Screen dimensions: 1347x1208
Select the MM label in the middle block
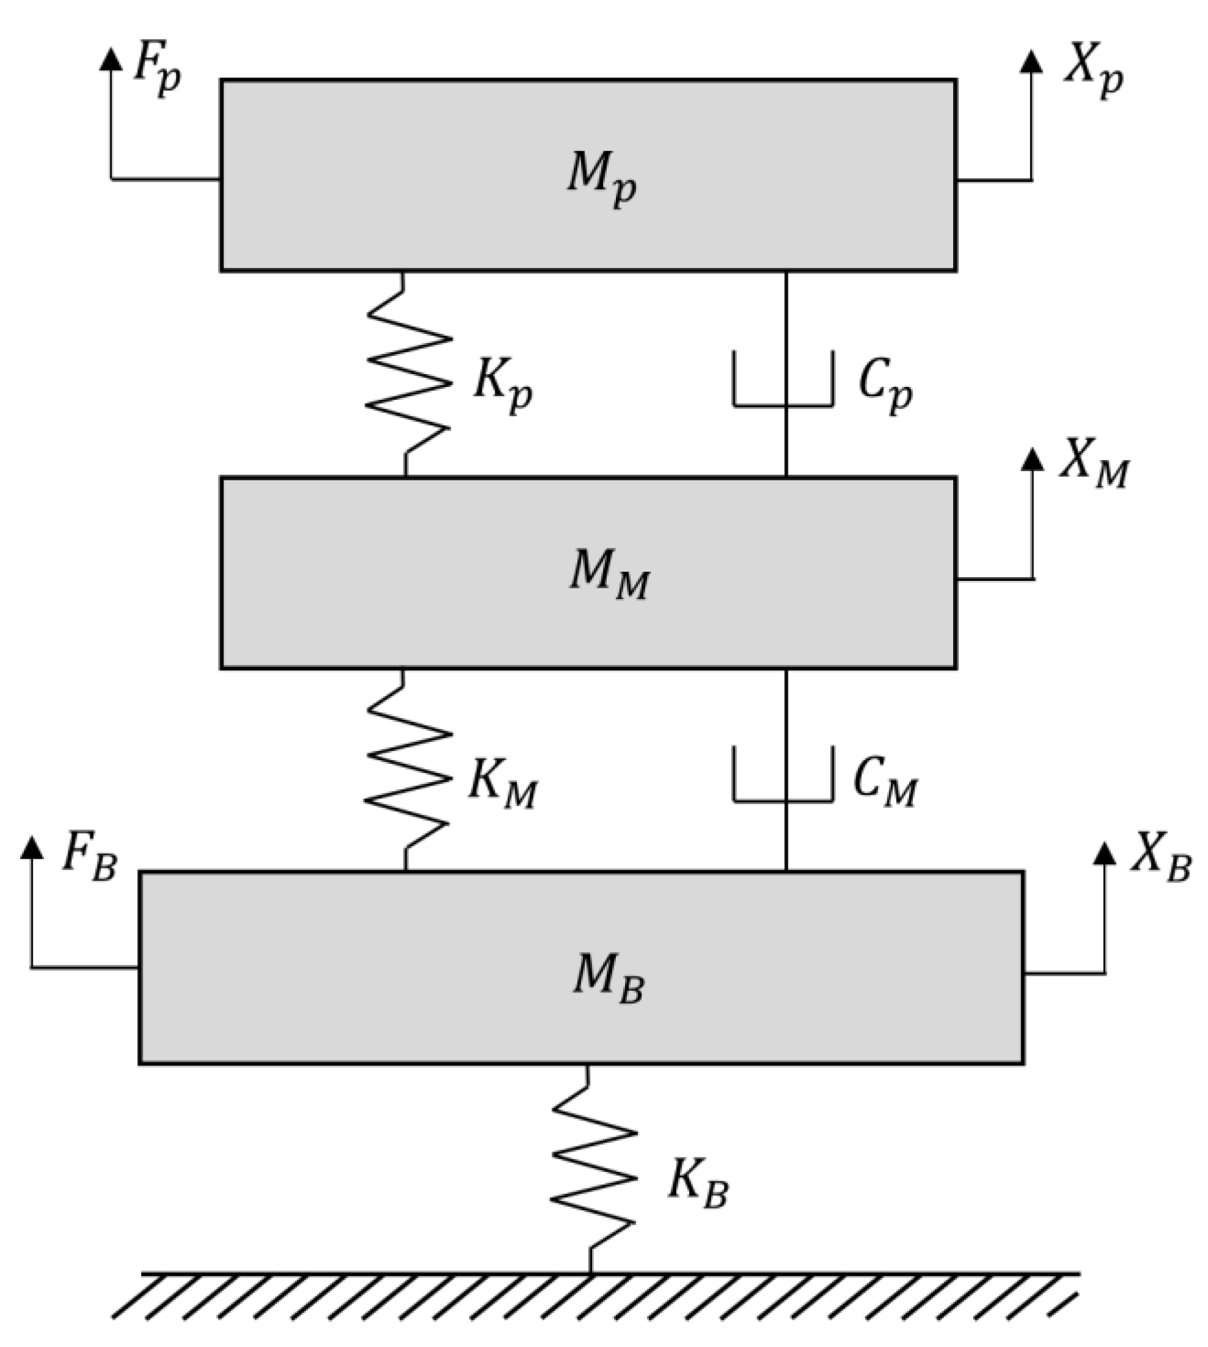609,575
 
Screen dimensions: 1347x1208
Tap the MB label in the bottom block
608,979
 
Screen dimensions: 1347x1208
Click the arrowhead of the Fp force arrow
111,60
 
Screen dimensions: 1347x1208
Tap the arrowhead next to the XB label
1104,853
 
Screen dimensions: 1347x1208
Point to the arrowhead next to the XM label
1032,459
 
